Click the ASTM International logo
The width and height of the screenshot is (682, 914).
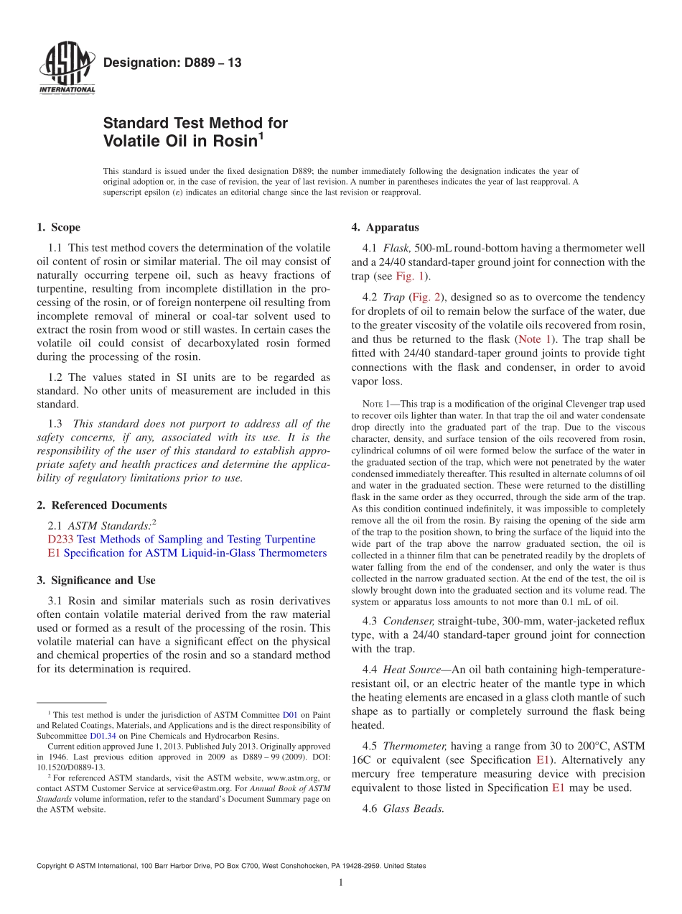66,70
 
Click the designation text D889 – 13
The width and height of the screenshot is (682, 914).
172,63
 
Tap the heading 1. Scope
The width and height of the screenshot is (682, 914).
58,228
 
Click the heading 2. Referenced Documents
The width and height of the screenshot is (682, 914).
101,505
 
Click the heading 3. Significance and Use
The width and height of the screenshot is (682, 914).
95,580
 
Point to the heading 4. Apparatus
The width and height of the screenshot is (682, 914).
385,228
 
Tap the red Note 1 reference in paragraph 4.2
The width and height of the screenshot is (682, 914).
534,338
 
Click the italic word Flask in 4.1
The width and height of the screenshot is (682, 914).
398,248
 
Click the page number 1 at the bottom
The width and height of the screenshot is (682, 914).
340,883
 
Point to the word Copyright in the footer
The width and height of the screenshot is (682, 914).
52,866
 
